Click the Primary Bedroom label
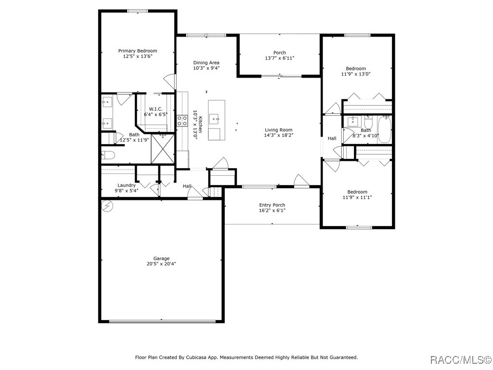(x=138, y=51)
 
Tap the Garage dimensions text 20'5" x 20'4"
(x=161, y=264)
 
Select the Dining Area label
(x=206, y=63)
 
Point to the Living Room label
(x=279, y=130)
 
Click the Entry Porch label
(x=272, y=205)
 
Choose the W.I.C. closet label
(x=156, y=109)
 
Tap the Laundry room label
(x=127, y=185)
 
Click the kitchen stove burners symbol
(x=182, y=121)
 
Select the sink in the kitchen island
(x=216, y=118)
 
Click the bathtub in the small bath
(x=384, y=129)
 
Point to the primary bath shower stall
(x=163, y=148)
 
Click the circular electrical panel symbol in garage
(x=107, y=206)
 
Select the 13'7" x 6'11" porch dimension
(x=280, y=58)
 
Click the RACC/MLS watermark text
(x=460, y=359)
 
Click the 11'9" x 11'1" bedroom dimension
(x=357, y=198)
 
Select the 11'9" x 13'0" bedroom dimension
(x=356, y=74)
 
